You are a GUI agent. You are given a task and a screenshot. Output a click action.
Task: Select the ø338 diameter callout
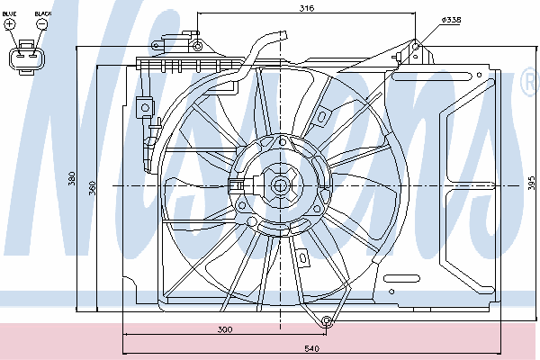point(452,20)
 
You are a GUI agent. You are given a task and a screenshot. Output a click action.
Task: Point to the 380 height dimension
point(71,178)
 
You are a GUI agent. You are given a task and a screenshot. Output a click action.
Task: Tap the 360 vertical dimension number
point(90,186)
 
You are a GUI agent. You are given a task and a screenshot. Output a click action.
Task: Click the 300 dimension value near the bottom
point(225,330)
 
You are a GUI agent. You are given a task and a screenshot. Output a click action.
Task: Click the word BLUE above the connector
point(10,15)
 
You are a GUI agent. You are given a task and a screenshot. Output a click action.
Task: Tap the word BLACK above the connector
point(42,15)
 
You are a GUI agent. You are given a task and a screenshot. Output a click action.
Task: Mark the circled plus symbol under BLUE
point(11,25)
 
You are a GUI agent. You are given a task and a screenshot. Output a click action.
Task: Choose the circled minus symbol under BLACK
point(41,25)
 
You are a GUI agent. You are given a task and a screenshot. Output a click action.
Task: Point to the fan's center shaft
point(279,185)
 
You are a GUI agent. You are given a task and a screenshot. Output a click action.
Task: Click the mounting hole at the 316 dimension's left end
point(197,44)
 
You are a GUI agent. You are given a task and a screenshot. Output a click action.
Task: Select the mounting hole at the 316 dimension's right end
point(416,45)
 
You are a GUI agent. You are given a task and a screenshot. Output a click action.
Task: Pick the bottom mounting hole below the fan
point(328,321)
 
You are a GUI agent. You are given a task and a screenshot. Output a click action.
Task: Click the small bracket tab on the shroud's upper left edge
point(143,106)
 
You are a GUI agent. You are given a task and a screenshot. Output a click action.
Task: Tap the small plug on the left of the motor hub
point(236,186)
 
